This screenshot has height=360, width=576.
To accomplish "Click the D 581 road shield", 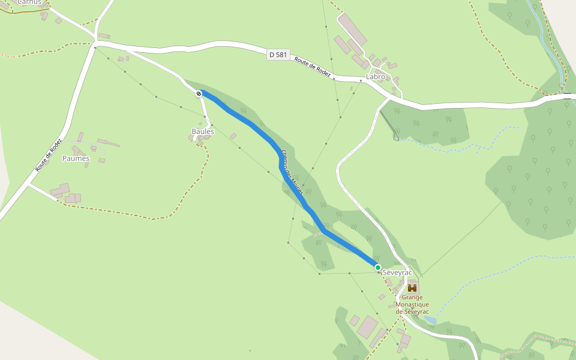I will (x=278, y=55).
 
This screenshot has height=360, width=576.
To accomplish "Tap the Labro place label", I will (x=375, y=77).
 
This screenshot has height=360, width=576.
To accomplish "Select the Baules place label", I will (x=203, y=131).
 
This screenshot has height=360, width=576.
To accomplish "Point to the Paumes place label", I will (x=76, y=159).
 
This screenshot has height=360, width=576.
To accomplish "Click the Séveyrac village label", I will (x=397, y=272).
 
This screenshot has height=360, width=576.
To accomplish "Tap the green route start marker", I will (x=377, y=268).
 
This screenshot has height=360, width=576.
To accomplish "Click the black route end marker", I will (x=199, y=94).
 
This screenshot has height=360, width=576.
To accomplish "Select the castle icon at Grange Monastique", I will (x=412, y=287).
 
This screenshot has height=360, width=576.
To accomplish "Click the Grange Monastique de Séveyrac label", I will (x=412, y=304).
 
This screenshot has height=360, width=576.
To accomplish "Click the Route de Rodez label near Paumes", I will (x=49, y=155).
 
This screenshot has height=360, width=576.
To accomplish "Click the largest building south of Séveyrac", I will (x=367, y=327).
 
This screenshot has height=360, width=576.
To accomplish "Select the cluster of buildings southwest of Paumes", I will (x=66, y=193).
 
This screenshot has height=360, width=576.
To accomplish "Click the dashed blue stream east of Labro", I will (x=456, y=145).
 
